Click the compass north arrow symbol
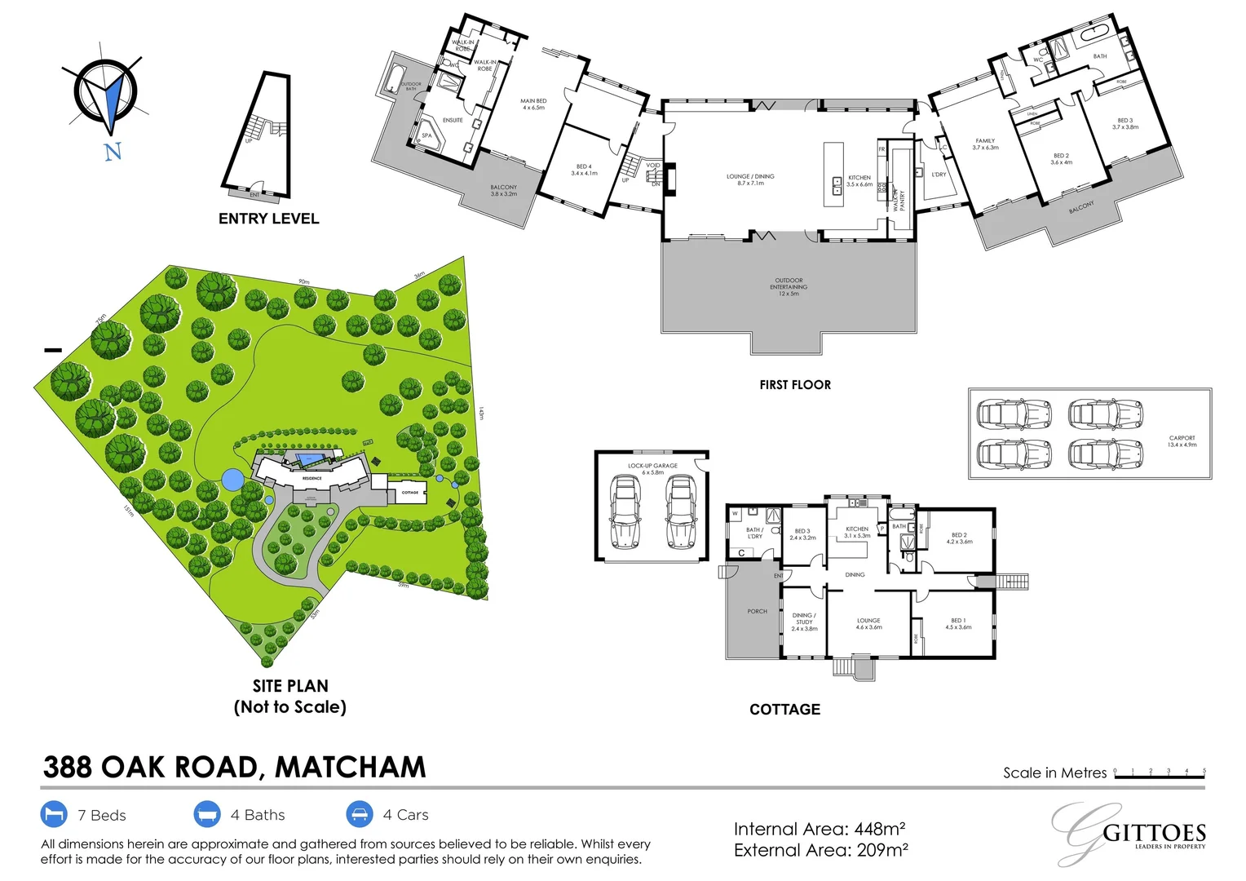tap(107, 98)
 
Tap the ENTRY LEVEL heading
tap(268, 219)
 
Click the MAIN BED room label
tap(533, 104)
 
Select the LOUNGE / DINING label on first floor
tap(750, 179)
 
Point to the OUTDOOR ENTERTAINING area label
tap(789, 286)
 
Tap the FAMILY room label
tap(985, 144)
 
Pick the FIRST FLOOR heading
tap(795, 385)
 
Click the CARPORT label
tap(1182, 441)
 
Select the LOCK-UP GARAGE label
tap(652, 469)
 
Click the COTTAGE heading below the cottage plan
tap(784, 710)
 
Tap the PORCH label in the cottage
tap(757, 611)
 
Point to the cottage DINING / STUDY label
tap(804, 622)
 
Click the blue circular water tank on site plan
tap(232, 480)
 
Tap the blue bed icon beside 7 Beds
tap(54, 814)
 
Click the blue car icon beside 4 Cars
tap(360, 814)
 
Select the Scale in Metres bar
tap(1159, 776)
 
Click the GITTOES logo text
tap(1154, 833)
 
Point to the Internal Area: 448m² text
tap(820, 830)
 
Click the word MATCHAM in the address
tap(351, 768)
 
